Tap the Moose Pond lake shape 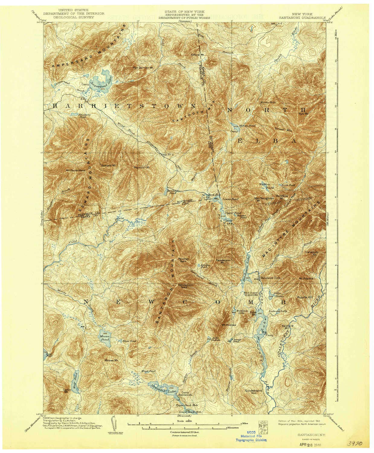coord(104,336)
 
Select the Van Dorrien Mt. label coord(143,67)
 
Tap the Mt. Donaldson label coord(76,170)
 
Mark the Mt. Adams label coord(306,278)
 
